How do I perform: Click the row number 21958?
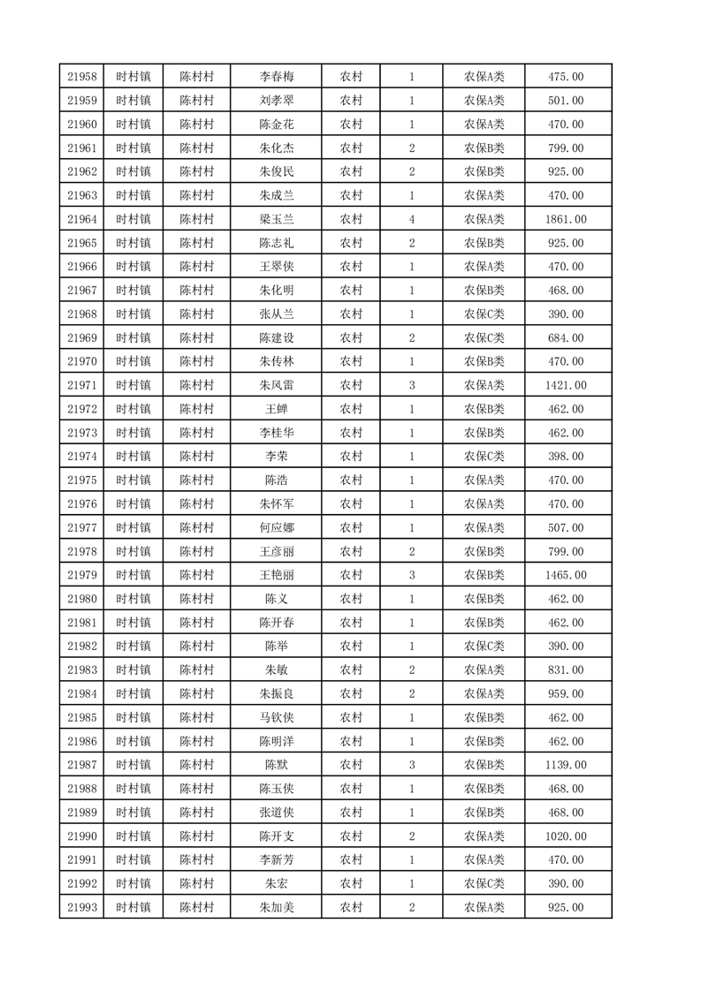pos(81,77)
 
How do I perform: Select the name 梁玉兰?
pos(276,219)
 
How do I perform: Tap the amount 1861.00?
pos(566,219)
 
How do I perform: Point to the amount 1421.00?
pos(566,385)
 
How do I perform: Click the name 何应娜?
pos(276,528)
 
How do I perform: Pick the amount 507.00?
pos(566,528)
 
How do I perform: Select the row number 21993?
pos(81,907)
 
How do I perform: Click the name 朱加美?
pos(276,907)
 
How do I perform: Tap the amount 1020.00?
pos(566,836)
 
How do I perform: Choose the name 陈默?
pos(276,765)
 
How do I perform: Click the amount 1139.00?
pos(566,765)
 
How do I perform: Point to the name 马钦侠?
pos(276,717)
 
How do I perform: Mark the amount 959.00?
pos(566,694)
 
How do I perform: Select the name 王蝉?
pos(276,409)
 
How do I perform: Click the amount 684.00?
pos(566,338)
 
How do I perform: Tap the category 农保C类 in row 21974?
pos(484,457)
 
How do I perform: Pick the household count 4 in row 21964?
pos(412,219)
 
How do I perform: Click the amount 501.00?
pos(566,101)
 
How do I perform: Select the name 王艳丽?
pos(276,575)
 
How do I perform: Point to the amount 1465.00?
pos(566,575)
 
